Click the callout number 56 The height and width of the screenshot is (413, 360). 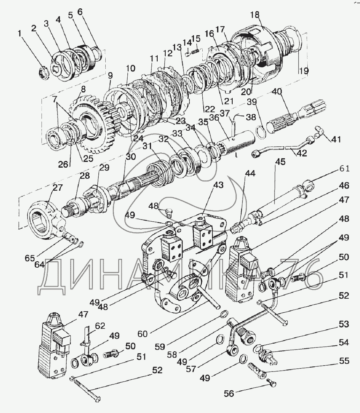pos(229,393)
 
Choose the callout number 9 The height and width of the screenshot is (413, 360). pos(110,75)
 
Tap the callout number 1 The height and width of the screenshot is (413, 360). pos(20,34)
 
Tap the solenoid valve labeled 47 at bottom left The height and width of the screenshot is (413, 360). pos(53,345)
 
